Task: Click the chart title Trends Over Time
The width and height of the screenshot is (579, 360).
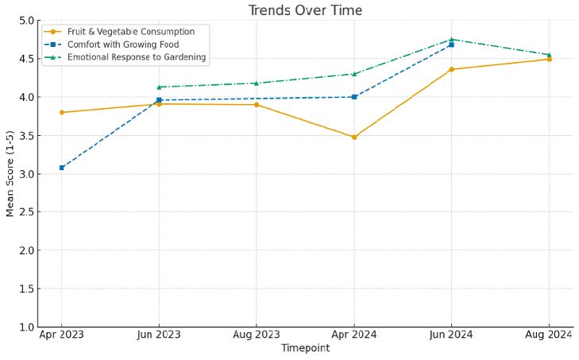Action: point(305,10)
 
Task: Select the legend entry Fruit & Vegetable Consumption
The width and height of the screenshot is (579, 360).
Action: point(131,32)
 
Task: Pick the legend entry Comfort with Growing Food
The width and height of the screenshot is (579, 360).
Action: point(123,45)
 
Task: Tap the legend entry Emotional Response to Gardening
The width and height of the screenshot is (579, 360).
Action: point(137,57)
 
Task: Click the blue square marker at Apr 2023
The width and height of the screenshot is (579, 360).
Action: point(62,168)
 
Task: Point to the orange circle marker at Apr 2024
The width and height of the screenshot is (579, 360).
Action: point(354,137)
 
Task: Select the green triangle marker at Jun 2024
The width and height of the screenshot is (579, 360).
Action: point(451,39)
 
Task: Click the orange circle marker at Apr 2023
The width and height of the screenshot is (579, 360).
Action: point(62,112)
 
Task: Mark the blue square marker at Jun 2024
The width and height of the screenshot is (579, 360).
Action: point(451,45)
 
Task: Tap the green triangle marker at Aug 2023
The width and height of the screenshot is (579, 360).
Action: point(257,83)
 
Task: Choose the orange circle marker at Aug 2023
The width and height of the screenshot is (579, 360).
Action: point(257,105)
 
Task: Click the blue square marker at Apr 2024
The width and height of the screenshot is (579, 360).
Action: point(354,97)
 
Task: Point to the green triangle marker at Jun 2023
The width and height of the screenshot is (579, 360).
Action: point(159,87)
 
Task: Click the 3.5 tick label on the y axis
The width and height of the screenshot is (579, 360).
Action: point(26,136)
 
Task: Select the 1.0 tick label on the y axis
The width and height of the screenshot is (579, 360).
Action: point(26,327)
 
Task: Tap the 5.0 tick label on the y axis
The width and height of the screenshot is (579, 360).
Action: point(26,21)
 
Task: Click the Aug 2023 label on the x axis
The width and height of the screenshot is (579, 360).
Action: point(257,335)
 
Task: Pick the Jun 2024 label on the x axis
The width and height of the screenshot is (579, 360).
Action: point(451,335)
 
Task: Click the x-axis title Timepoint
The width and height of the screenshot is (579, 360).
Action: point(305,348)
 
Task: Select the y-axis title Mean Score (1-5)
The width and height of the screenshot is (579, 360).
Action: point(10,173)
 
